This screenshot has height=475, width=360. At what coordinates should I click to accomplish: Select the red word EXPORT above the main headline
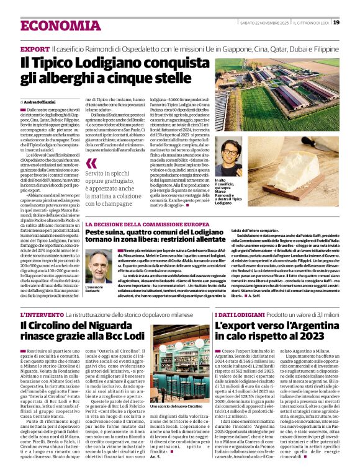point(34,48)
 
